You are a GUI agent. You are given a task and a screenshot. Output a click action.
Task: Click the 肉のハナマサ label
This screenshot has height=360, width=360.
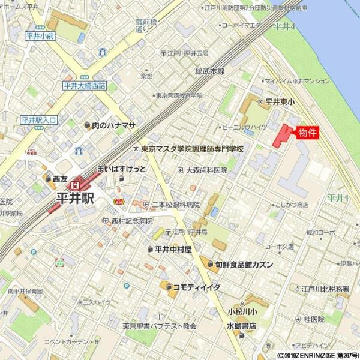tap(113, 125)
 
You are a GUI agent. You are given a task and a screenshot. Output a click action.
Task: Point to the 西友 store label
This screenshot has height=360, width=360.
tap(59, 179)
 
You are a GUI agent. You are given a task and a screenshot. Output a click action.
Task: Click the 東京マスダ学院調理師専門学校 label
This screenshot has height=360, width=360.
tap(192, 148)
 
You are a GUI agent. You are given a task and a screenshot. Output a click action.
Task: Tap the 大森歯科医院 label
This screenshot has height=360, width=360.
tap(206, 170)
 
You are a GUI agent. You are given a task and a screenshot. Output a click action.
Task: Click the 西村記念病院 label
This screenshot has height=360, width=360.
tap(131, 221)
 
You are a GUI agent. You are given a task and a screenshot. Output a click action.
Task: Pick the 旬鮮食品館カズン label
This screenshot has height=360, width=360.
tap(244, 265)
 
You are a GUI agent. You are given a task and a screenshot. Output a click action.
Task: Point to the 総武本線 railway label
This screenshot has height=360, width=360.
tap(209, 71)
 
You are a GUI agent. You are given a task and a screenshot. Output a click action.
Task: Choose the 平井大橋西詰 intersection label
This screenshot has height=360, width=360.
tap(84, 86)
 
